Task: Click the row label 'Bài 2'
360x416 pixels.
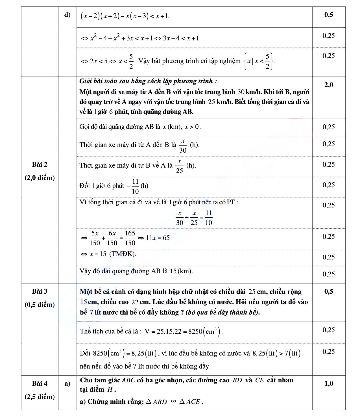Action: (x=40, y=164)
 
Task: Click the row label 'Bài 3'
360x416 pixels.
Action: (x=40, y=291)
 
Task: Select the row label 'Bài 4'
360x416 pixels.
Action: (x=40, y=383)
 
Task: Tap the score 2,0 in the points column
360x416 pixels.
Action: (x=329, y=85)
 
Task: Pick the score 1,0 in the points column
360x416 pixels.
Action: (x=329, y=383)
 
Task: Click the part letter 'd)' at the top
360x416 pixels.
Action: (x=67, y=15)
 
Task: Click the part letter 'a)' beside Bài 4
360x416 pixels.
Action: (x=67, y=383)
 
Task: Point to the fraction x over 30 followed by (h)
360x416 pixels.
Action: (x=183, y=145)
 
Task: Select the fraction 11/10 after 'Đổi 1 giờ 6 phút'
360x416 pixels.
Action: (x=135, y=186)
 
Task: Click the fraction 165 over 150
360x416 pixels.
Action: (x=130, y=238)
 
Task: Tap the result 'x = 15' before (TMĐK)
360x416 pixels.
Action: (x=98, y=254)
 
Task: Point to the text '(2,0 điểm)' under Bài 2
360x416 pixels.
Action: (x=40, y=178)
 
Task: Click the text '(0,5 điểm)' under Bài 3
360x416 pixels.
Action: (x=40, y=305)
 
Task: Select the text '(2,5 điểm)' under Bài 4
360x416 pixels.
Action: (x=40, y=397)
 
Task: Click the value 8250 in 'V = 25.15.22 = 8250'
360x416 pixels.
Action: (x=195, y=331)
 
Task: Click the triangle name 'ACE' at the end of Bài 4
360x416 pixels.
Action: (x=193, y=402)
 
